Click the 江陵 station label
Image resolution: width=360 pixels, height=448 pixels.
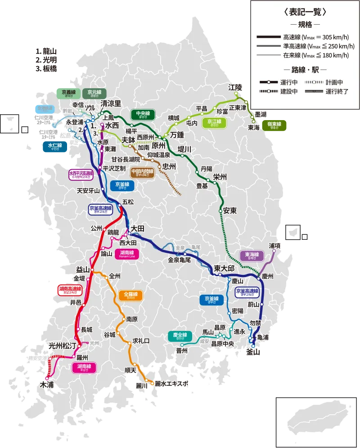(235, 87)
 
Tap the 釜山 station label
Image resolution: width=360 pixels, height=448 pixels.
(253, 352)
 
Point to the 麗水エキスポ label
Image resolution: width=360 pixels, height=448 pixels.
(171, 384)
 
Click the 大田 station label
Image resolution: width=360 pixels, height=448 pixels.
(137, 229)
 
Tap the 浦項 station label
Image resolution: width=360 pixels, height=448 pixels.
(275, 246)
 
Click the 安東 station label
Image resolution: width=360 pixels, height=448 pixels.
(230, 211)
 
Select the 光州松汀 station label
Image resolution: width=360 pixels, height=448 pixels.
(63, 346)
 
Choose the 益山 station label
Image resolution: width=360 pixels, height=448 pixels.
(83, 269)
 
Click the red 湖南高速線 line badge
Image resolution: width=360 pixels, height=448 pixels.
(70, 290)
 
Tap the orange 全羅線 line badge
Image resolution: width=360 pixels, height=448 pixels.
(130, 296)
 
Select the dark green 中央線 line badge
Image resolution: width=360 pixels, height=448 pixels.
(143, 114)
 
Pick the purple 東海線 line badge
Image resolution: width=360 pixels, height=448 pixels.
(252, 256)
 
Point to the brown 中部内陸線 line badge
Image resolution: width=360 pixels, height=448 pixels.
(142, 173)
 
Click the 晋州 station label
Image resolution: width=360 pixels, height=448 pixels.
(182, 350)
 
